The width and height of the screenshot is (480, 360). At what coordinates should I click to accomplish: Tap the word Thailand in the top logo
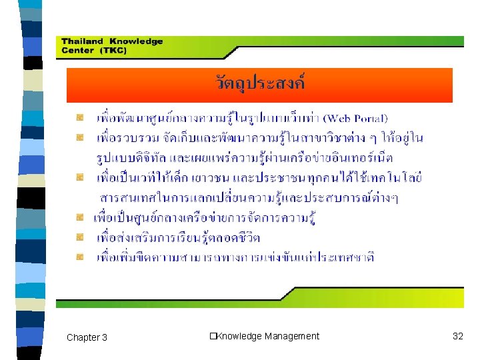coord(81,41)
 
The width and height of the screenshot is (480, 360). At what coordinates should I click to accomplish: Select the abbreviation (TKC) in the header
coord(113,51)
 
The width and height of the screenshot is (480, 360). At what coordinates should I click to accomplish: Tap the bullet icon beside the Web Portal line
coord(80,117)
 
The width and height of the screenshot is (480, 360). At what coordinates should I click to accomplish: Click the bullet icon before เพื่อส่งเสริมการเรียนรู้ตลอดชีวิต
coord(80,237)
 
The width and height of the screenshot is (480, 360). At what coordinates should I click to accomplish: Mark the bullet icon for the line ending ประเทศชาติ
coord(80,256)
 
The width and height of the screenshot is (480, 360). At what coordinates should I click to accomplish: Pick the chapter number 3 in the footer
coord(104,337)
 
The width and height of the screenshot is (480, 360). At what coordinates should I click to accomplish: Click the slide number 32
coord(457,336)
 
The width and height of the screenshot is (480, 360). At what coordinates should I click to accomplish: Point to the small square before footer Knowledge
coord(212,336)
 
